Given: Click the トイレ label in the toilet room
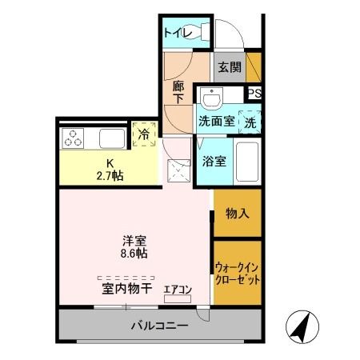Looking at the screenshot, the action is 178,33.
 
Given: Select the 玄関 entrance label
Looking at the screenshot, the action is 230,67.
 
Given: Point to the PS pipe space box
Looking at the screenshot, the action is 254,93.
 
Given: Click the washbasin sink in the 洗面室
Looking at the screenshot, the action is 212,99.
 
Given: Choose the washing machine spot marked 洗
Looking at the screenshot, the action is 250,122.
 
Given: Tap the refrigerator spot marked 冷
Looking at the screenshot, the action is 144,134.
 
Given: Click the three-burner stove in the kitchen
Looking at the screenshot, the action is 73,138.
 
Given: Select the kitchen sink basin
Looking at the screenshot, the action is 112,138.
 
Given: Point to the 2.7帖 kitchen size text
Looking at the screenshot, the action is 110,176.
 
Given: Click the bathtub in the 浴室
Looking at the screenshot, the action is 247,162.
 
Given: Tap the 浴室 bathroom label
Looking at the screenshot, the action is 214,161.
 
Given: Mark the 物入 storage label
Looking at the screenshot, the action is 238,214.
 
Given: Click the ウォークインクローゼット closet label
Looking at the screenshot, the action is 238,274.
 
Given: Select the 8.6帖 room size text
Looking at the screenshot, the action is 134,254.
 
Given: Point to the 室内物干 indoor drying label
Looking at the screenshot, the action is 126,289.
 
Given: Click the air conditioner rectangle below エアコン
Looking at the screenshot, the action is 178,298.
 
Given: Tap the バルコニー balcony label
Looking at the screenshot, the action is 160,326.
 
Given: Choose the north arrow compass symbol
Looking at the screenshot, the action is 302,327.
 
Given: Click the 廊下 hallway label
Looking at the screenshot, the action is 178,92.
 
